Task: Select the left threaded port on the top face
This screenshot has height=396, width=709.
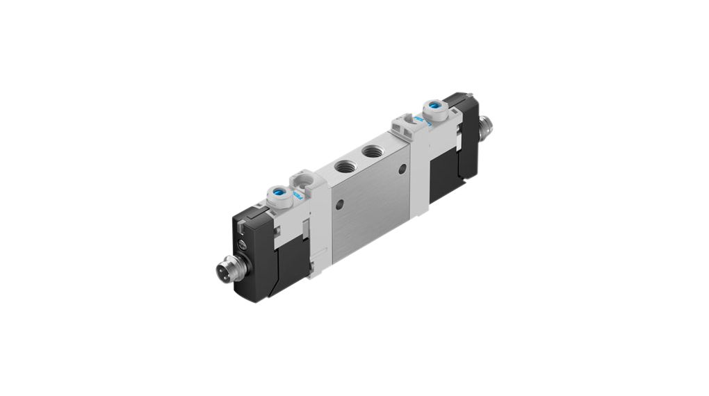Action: tap(343, 166)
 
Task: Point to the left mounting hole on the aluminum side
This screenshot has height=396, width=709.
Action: tap(339, 205)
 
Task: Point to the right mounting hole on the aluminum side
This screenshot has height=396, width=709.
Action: tap(401, 170)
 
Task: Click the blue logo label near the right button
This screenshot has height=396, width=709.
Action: tap(419, 119)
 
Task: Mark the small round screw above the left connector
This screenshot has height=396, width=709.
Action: tap(242, 243)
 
